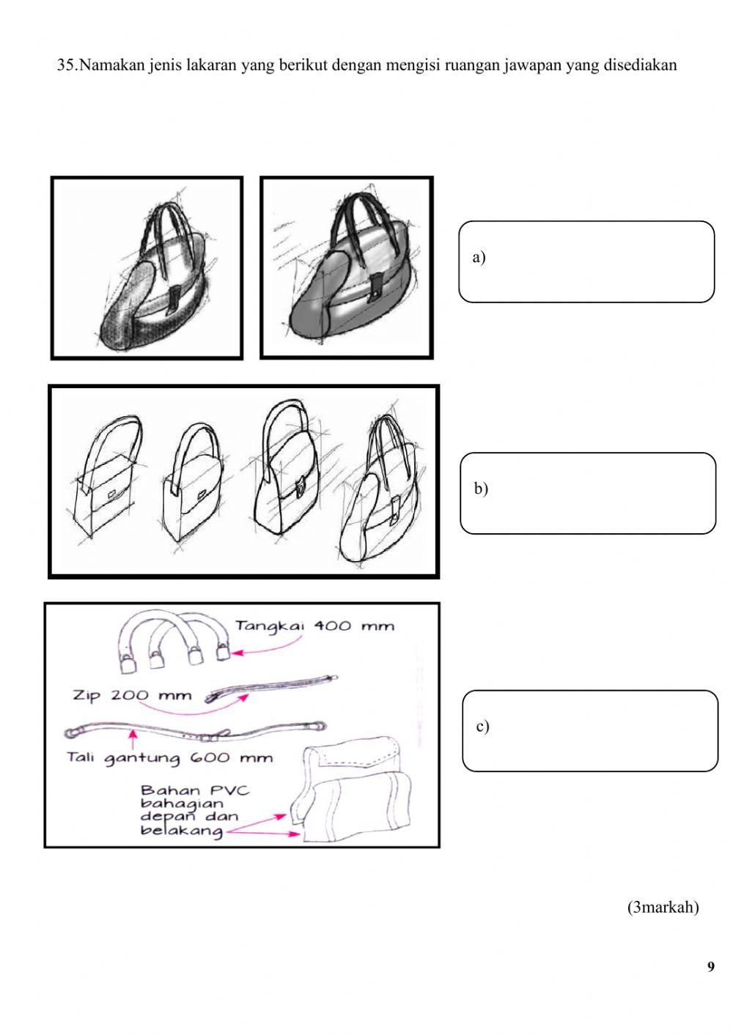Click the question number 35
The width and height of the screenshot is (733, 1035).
click(x=67, y=64)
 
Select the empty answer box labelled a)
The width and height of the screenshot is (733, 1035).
click(x=586, y=261)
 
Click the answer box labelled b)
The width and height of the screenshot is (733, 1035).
click(x=588, y=493)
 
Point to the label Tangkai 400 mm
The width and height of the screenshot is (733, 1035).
click(x=315, y=626)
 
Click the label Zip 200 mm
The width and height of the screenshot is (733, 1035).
click(x=132, y=695)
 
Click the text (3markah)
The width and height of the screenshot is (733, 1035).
click(x=663, y=907)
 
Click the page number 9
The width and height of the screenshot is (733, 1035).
click(x=711, y=967)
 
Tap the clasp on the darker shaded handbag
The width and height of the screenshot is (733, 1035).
click(x=376, y=288)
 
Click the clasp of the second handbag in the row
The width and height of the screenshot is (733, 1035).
click(x=202, y=494)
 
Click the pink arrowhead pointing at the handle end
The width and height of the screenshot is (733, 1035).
click(x=237, y=653)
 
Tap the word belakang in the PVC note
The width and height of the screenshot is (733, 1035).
click(x=181, y=831)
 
